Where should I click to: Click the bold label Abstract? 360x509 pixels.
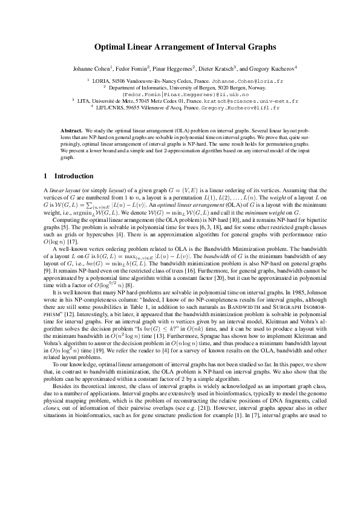(72, 131)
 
